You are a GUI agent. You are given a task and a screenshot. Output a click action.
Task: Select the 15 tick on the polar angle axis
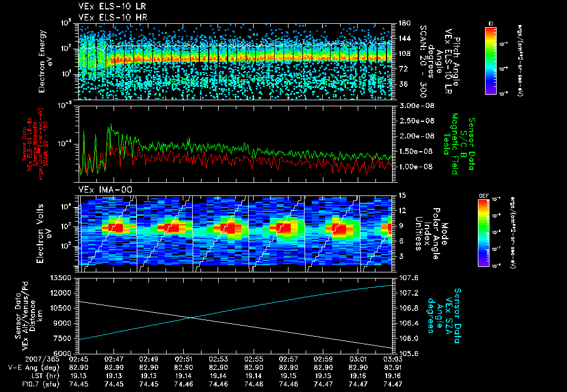pos(401,195)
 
